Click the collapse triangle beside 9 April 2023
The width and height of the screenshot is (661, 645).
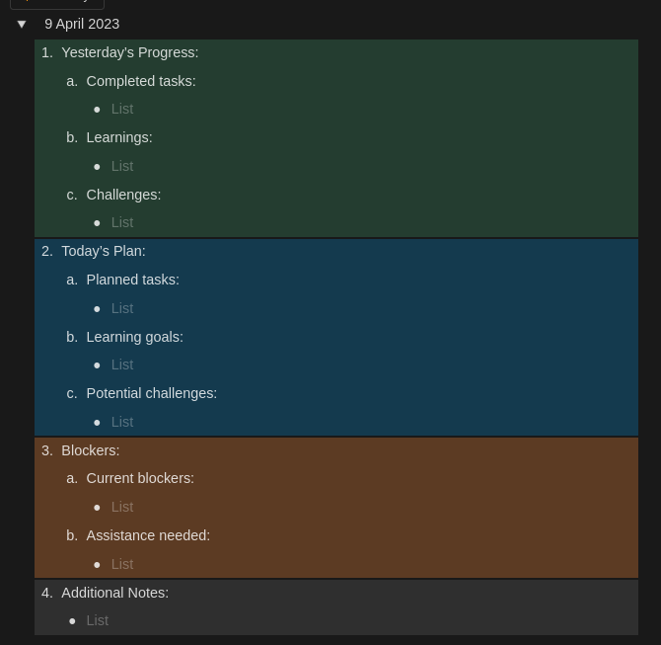22,25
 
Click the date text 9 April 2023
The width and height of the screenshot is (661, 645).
82,24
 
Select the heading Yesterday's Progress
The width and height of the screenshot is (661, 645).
129,52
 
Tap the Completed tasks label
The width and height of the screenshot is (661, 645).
141,81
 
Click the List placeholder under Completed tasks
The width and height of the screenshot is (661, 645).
122,109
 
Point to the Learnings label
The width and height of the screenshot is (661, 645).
119,137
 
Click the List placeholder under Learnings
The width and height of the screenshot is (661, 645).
122,166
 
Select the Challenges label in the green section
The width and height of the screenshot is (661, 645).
123,195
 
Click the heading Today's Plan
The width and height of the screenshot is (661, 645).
103,251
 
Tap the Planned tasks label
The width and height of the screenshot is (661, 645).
132,280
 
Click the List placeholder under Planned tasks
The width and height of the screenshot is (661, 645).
122,308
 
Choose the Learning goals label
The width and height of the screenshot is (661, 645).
134,337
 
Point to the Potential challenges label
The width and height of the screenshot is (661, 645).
151,393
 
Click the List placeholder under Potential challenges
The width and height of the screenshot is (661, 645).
122,422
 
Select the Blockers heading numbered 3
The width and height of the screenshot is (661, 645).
90,450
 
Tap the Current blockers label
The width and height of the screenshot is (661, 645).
140,478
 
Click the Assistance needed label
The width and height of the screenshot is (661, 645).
148,535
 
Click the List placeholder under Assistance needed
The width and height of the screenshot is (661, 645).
122,564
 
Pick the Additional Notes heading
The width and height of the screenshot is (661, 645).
114,593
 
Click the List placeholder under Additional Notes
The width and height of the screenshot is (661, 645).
98,620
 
